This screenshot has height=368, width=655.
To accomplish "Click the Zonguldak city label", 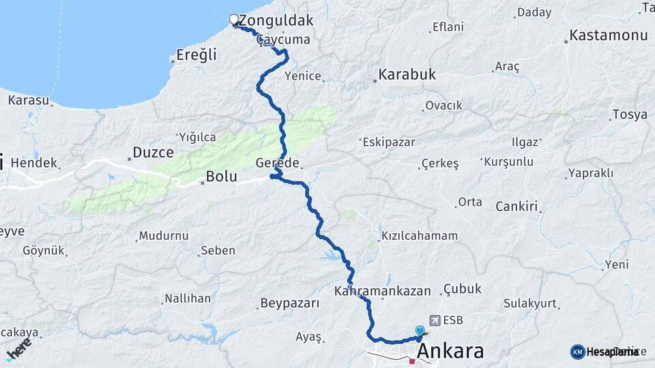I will (276, 20).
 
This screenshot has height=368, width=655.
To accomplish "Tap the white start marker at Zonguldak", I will (234, 20).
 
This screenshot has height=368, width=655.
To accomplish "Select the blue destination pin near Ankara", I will (420, 331).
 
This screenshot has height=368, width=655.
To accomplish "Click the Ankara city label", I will (450, 352).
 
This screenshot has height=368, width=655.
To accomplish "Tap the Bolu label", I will (222, 177).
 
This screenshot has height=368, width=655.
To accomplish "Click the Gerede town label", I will (278, 164).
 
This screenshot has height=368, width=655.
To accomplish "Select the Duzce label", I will (154, 152).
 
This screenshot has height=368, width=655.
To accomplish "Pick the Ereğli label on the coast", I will (196, 54).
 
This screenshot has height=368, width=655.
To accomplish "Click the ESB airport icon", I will (435, 320).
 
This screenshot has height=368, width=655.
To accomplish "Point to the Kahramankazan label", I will (383, 291).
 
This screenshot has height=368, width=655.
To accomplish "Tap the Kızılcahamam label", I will (420, 236).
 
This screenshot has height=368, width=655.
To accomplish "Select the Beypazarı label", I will (290, 303).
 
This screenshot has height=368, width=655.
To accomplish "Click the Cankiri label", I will (517, 206).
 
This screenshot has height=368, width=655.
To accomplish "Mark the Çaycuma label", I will (284, 40).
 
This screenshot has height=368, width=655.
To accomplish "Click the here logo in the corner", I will (18, 349).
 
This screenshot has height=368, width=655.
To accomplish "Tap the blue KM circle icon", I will (577, 352).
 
